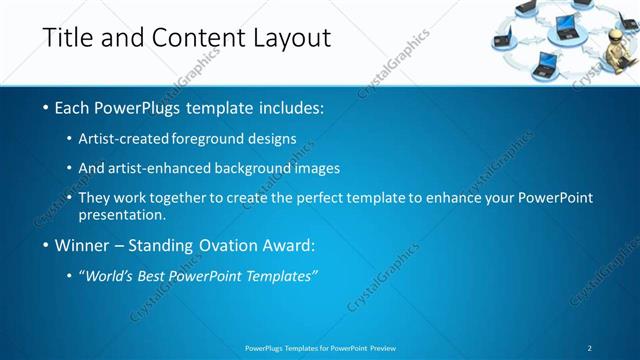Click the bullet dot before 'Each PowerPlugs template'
point(46,107)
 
